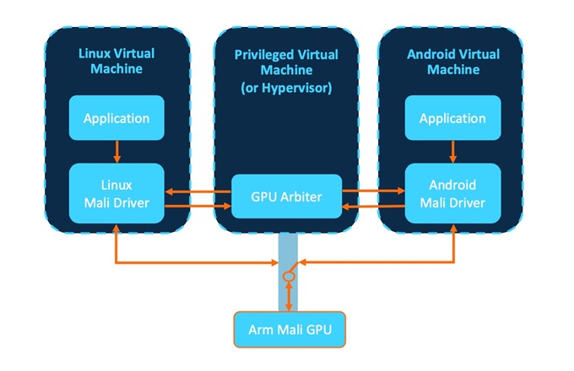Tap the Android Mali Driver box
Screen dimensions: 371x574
tap(452, 193)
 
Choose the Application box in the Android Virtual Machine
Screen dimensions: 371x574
tap(452, 118)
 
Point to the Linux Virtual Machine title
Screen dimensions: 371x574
tap(117, 62)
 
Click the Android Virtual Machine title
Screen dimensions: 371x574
tap(452, 62)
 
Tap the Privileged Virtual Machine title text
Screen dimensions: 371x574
tap(285, 62)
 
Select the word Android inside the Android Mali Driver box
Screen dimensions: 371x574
tap(452, 185)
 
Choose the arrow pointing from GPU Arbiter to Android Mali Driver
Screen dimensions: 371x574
tap(373, 191)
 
